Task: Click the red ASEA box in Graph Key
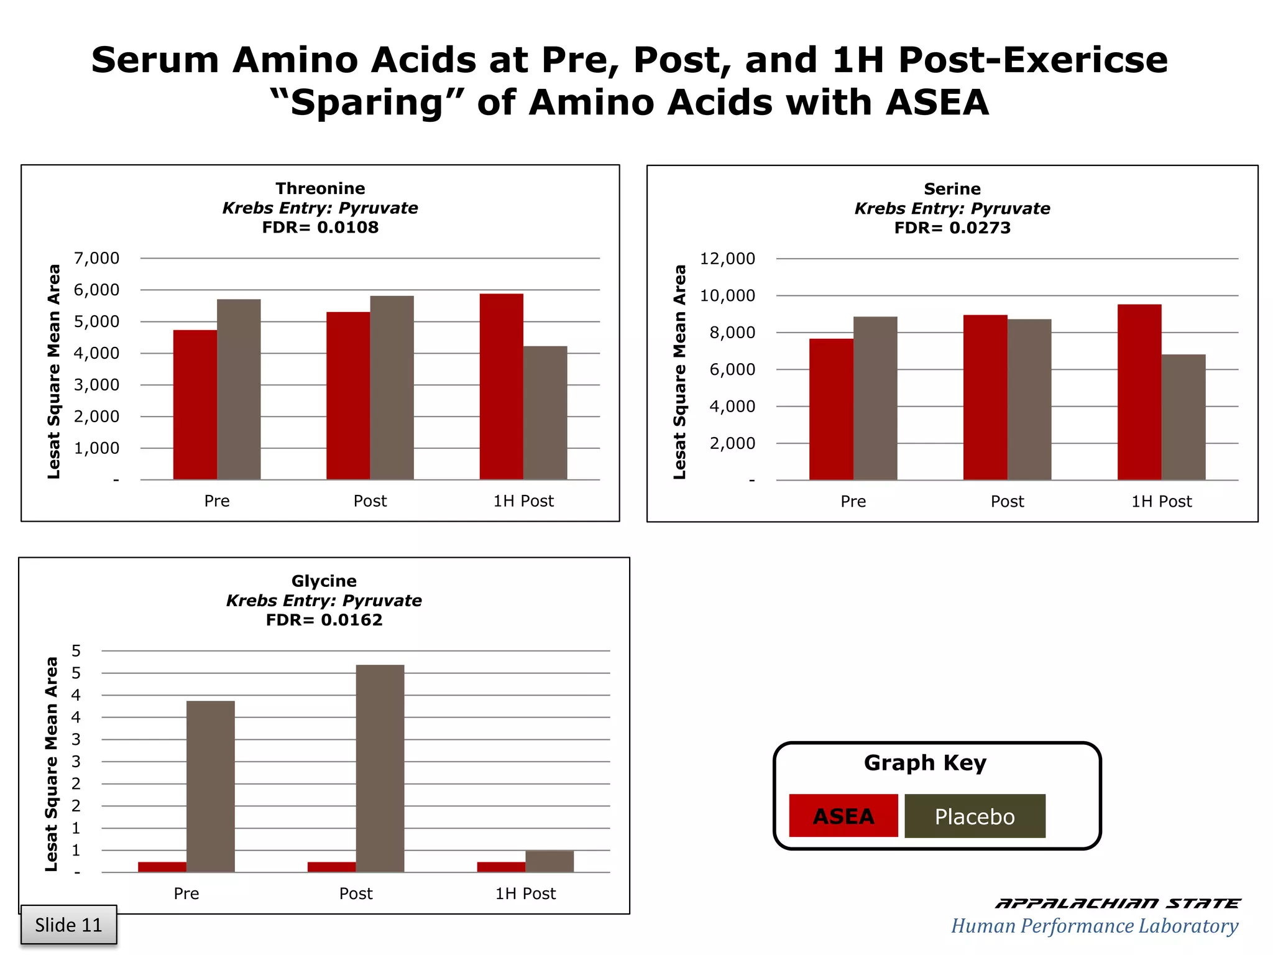(x=843, y=816)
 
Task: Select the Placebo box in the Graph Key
(x=974, y=816)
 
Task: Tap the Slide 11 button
(x=68, y=925)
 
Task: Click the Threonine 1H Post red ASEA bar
(x=501, y=387)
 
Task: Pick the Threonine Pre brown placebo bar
(x=239, y=389)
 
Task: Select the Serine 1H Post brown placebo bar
(x=1183, y=417)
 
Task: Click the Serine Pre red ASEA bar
(x=831, y=409)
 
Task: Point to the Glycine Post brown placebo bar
(x=380, y=768)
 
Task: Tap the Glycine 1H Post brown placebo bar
(x=549, y=861)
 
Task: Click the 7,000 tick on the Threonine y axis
(x=97, y=258)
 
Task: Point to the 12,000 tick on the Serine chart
(x=727, y=259)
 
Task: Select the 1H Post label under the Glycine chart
(x=525, y=893)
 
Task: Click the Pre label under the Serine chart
(x=853, y=501)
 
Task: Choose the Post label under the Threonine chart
(x=370, y=501)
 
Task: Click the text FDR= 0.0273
(x=952, y=228)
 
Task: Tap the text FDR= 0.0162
(x=324, y=620)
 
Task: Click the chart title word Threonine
(x=320, y=188)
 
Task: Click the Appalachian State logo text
(x=1117, y=903)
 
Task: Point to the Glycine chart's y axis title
(x=52, y=764)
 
